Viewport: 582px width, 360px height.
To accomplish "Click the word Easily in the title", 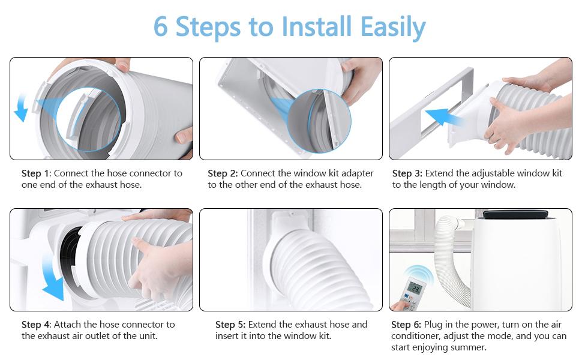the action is (x=393, y=28).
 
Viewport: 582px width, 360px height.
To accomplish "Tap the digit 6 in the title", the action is (x=160, y=27).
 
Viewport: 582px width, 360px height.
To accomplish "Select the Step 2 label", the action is (x=223, y=173).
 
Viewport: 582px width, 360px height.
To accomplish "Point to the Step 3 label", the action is (x=407, y=173).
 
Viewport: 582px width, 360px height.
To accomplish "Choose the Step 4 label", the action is (x=37, y=325).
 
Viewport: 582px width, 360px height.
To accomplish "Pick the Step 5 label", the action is (x=230, y=325).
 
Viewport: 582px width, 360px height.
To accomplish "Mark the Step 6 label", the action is (x=406, y=325).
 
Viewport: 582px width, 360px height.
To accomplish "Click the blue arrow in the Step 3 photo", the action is (x=443, y=116).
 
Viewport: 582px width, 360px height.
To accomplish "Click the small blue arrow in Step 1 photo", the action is (x=21, y=107).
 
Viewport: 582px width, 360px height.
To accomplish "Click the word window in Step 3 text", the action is (x=534, y=173).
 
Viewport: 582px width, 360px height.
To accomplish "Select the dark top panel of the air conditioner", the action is (x=515, y=214).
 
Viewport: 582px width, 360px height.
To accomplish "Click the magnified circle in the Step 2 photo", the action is (x=319, y=121).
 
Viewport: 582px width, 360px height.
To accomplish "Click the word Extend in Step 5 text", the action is (x=262, y=325).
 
